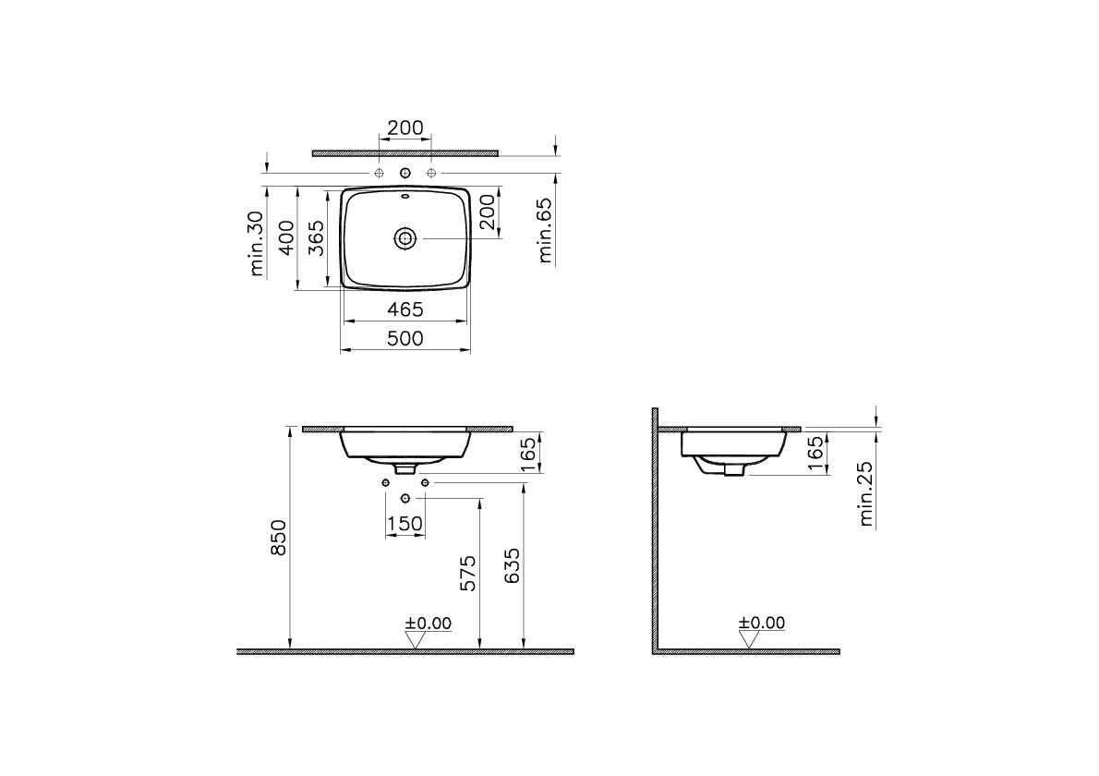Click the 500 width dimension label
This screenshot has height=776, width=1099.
pyautogui.click(x=405, y=339)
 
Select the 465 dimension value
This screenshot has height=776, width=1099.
pyautogui.click(x=405, y=309)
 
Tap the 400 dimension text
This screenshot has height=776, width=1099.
pyautogui.click(x=286, y=237)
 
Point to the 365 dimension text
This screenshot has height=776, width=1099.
pyautogui.click(x=316, y=237)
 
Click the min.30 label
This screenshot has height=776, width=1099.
pyautogui.click(x=257, y=243)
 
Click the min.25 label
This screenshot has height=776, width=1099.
pyautogui.click(x=865, y=493)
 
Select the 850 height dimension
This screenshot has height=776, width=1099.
pyautogui.click(x=279, y=538)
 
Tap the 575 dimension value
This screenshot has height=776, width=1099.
pyautogui.click(x=468, y=573)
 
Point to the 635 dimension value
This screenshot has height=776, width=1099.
pyautogui.click(x=513, y=565)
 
